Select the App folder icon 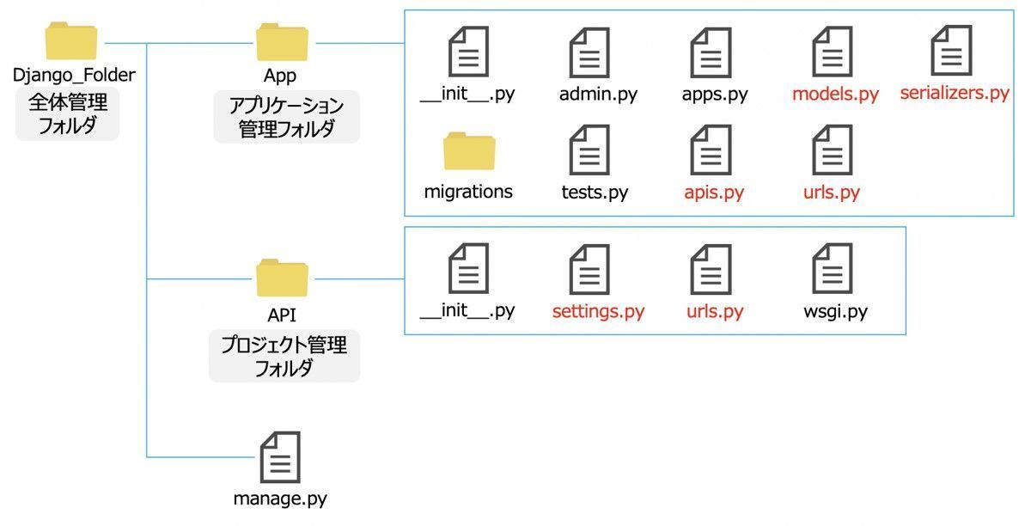click(281, 41)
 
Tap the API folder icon click(281, 277)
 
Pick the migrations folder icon click(469, 153)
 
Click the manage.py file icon click(280, 458)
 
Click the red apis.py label click(714, 193)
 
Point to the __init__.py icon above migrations click(468, 52)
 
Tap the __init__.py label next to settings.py click(467, 311)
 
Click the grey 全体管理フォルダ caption click(68, 115)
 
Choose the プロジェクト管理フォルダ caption click(284, 357)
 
